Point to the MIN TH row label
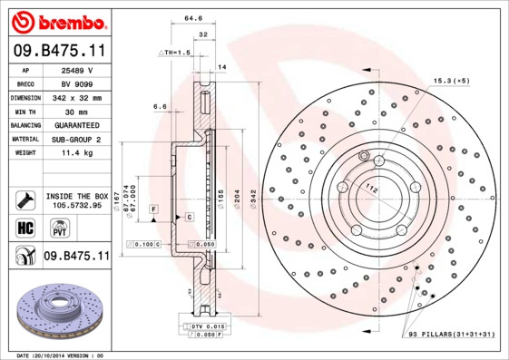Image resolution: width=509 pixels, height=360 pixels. [x=25, y=111]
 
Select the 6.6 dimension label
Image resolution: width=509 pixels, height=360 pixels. [x=160, y=107]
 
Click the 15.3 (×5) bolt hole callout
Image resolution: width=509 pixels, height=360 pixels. [x=450, y=81]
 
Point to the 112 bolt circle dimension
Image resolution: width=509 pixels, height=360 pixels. [x=370, y=189]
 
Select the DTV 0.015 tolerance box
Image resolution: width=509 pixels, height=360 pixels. [x=203, y=326]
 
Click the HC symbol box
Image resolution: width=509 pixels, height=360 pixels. [x=24, y=226]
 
